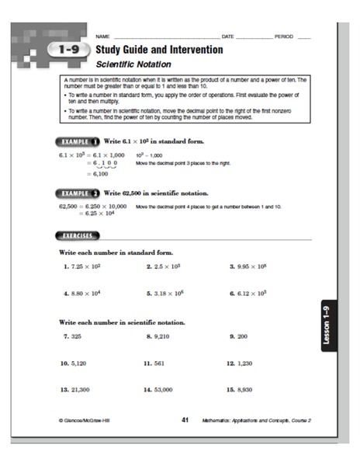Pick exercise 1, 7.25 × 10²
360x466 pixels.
(83, 266)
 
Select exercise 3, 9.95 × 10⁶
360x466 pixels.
(249, 266)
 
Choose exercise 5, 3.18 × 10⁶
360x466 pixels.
(167, 294)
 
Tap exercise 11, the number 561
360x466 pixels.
(155, 363)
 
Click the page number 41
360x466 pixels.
(185, 419)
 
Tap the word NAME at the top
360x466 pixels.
(102, 36)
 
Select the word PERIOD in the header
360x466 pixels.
(285, 36)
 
